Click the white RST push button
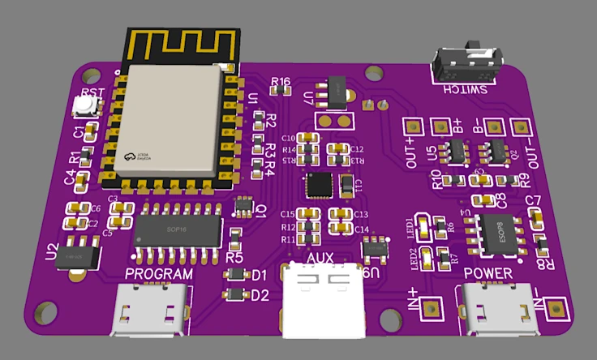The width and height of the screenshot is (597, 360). click(83, 104)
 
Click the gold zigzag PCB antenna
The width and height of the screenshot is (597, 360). click(182, 45)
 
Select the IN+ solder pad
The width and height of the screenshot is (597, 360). click(430, 308)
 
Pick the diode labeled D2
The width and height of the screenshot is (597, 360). click(235, 295)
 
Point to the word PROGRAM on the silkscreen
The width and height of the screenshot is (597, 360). click(160, 274)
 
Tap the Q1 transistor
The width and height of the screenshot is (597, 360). click(243, 206)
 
